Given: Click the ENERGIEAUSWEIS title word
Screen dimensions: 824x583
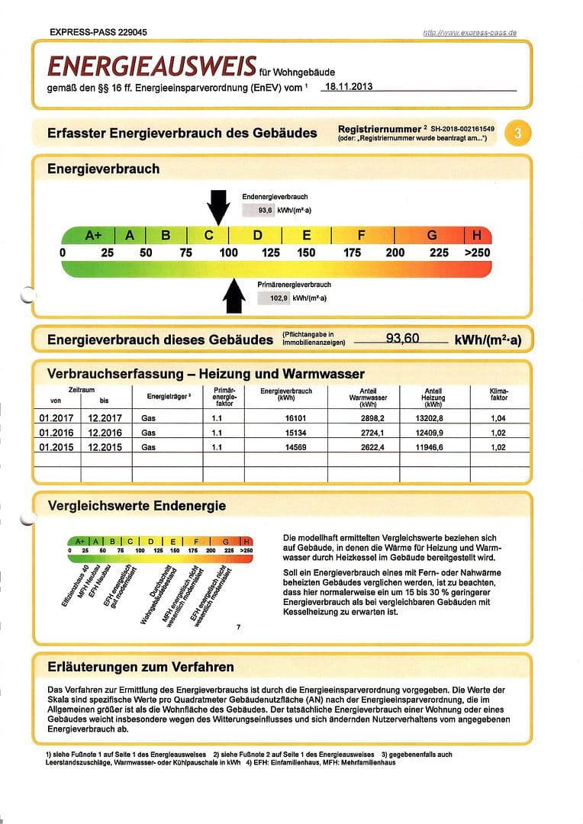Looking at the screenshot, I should pyautogui.click(x=152, y=67).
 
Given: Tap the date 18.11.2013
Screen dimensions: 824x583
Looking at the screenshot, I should pyautogui.click(x=348, y=87).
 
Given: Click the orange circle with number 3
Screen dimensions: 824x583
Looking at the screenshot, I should pyautogui.click(x=518, y=133).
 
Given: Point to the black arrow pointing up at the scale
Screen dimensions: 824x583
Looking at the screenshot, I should pyautogui.click(x=235, y=296).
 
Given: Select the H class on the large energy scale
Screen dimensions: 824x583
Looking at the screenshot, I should pyautogui.click(x=478, y=235).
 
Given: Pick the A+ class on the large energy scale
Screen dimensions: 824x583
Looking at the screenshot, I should pyautogui.click(x=94, y=235).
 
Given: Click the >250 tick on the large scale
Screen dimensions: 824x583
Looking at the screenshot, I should pyautogui.click(x=477, y=253).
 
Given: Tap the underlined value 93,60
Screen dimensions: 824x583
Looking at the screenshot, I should pyautogui.click(x=402, y=338).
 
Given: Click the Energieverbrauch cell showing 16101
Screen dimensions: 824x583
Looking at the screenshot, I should pyautogui.click(x=286, y=418).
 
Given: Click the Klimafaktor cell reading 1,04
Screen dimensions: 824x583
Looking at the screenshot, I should pyautogui.click(x=498, y=418).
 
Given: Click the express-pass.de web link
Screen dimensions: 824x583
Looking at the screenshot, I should pyautogui.click(x=469, y=33).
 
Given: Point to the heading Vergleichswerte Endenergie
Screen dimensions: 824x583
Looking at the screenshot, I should pyautogui.click(x=137, y=506).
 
